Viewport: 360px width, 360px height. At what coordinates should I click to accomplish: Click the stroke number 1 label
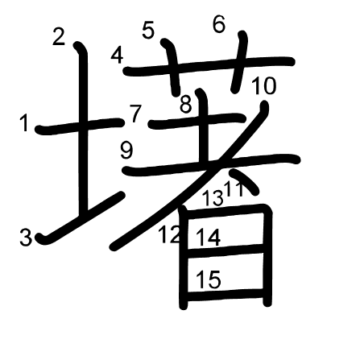pos(25,122)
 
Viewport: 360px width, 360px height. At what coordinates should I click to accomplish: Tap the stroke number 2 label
pos(59,36)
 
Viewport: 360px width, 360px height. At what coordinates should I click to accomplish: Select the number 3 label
pos(26,238)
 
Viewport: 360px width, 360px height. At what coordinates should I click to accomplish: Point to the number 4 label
pos(117,56)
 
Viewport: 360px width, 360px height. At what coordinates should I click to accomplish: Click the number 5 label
pos(148,30)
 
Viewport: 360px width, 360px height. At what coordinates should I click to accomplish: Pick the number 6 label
pos(219,24)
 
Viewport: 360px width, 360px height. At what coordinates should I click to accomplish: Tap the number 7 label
pos(135,113)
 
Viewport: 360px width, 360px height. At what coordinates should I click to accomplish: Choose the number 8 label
pos(186,105)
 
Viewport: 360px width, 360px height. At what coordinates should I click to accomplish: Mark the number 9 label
pos(126,151)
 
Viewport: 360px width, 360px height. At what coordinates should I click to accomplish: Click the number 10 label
pos(264,85)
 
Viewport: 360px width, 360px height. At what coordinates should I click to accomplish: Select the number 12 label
pos(169,234)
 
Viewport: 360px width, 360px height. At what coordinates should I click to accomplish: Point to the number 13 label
pos(213,198)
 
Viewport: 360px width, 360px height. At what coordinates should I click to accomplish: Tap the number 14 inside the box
pos(209,238)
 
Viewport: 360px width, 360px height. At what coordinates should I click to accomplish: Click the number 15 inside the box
pos(209,279)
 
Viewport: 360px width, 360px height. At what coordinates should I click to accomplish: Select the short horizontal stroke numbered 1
pos(80,126)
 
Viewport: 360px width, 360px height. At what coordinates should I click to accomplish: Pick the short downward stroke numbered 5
pos(171,67)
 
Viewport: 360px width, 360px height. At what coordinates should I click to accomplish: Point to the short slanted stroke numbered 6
pos(239,62)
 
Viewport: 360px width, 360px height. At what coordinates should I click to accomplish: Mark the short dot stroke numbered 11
pos(245,181)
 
